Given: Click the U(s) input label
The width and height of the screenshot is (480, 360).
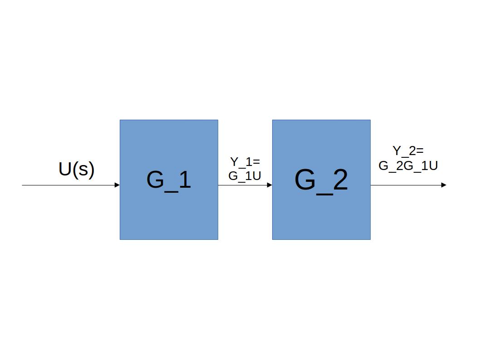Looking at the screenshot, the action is pos(76,170).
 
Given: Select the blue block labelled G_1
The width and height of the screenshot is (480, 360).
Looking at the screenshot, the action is pos(169,213).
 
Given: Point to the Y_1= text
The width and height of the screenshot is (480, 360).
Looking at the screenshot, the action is pos(245,162).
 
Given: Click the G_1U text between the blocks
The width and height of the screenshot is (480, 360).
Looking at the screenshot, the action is pos(245,176).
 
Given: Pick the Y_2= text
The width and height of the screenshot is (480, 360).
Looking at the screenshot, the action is pos(408,151).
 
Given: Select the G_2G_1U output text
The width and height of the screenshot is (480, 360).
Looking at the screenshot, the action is pos(408,166).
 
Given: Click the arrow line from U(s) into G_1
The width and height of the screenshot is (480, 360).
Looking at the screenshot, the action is pos(68,185).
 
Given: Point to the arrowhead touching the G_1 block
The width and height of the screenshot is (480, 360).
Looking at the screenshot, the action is pos(117,185).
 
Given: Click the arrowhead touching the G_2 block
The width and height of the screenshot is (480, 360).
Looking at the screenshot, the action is pos(269,185).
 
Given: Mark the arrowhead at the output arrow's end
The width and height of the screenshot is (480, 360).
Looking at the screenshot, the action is pos(444,185).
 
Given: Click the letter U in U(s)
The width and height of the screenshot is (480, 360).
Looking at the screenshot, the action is pos(65,169).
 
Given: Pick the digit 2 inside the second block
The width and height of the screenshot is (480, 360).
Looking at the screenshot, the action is pos(339,180).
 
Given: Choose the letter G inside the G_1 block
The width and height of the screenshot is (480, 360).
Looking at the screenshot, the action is pos(155,180).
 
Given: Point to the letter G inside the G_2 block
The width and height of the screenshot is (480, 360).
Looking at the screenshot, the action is pos(304,180).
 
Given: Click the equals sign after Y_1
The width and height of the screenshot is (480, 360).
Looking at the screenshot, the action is pos(256,162).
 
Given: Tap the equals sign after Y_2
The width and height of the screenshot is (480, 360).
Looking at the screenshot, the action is pos(420,151).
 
